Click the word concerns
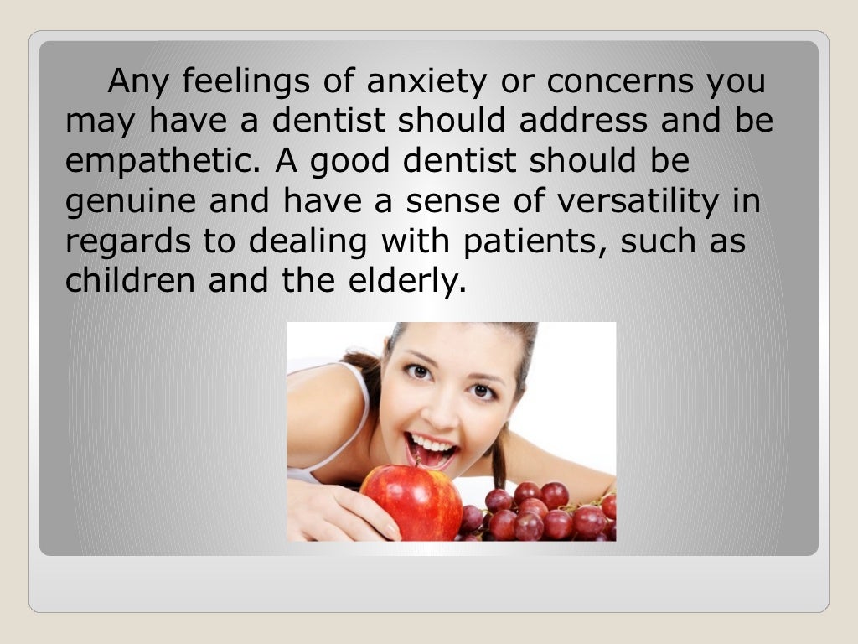pos(618,83)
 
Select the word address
pos(583,122)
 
